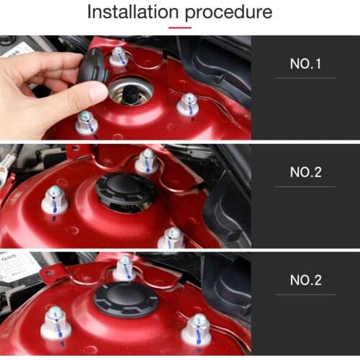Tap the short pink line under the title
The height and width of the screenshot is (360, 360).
tap(179, 28)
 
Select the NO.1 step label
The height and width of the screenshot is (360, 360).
tap(305, 63)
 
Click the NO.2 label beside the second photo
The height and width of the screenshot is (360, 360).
tap(305, 172)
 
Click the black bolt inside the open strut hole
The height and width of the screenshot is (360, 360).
tap(131, 93)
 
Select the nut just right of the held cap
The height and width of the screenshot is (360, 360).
tap(118, 56)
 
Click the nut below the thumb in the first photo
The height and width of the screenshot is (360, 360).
tap(86, 122)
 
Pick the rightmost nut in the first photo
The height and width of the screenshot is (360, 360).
tap(187, 104)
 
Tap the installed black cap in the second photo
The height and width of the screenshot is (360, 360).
tap(125, 192)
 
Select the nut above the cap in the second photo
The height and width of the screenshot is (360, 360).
tap(147, 161)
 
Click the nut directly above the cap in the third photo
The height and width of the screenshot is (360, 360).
tap(125, 267)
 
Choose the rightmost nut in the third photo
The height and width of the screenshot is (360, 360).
tap(195, 330)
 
